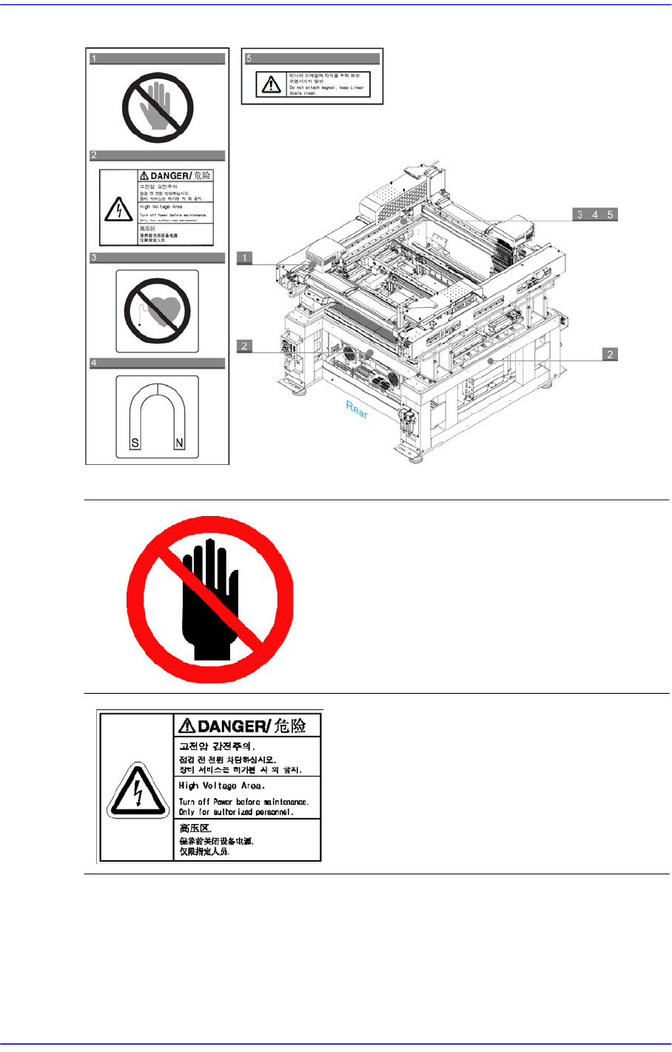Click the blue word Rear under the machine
click(356, 409)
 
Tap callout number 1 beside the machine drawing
click(244, 258)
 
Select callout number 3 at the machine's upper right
click(580, 215)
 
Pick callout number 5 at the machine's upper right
click(610, 215)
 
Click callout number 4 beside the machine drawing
click(595, 215)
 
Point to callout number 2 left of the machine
click(244, 346)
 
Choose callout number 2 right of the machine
click(609, 355)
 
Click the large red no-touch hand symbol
click(210, 600)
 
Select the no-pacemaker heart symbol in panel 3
click(158, 310)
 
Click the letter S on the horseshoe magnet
click(135, 444)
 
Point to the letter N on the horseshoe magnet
click(179, 444)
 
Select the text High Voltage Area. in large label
click(221, 785)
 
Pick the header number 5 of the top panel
click(249, 58)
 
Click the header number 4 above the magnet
click(94, 363)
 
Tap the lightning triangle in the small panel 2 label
click(118, 210)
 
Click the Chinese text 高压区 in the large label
click(195, 828)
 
